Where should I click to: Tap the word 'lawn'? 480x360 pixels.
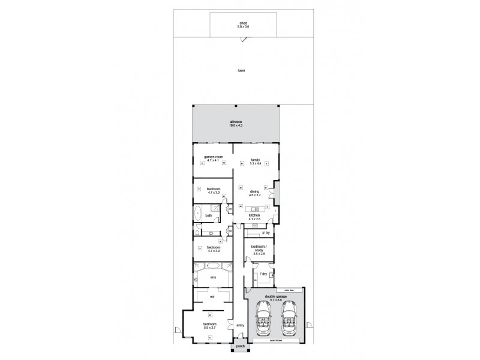pos(241,70)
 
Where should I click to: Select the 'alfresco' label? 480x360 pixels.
pos(235,122)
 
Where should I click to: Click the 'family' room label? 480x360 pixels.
pos(256,160)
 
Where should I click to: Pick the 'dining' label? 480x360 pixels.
pos(256,192)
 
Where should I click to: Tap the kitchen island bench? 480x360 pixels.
pos(256,209)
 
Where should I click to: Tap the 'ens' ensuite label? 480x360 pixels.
pos(212,277)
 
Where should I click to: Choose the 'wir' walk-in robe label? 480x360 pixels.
pos(212,296)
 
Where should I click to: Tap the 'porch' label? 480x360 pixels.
pos(241,346)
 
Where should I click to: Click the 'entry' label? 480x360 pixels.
pos(240,325)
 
